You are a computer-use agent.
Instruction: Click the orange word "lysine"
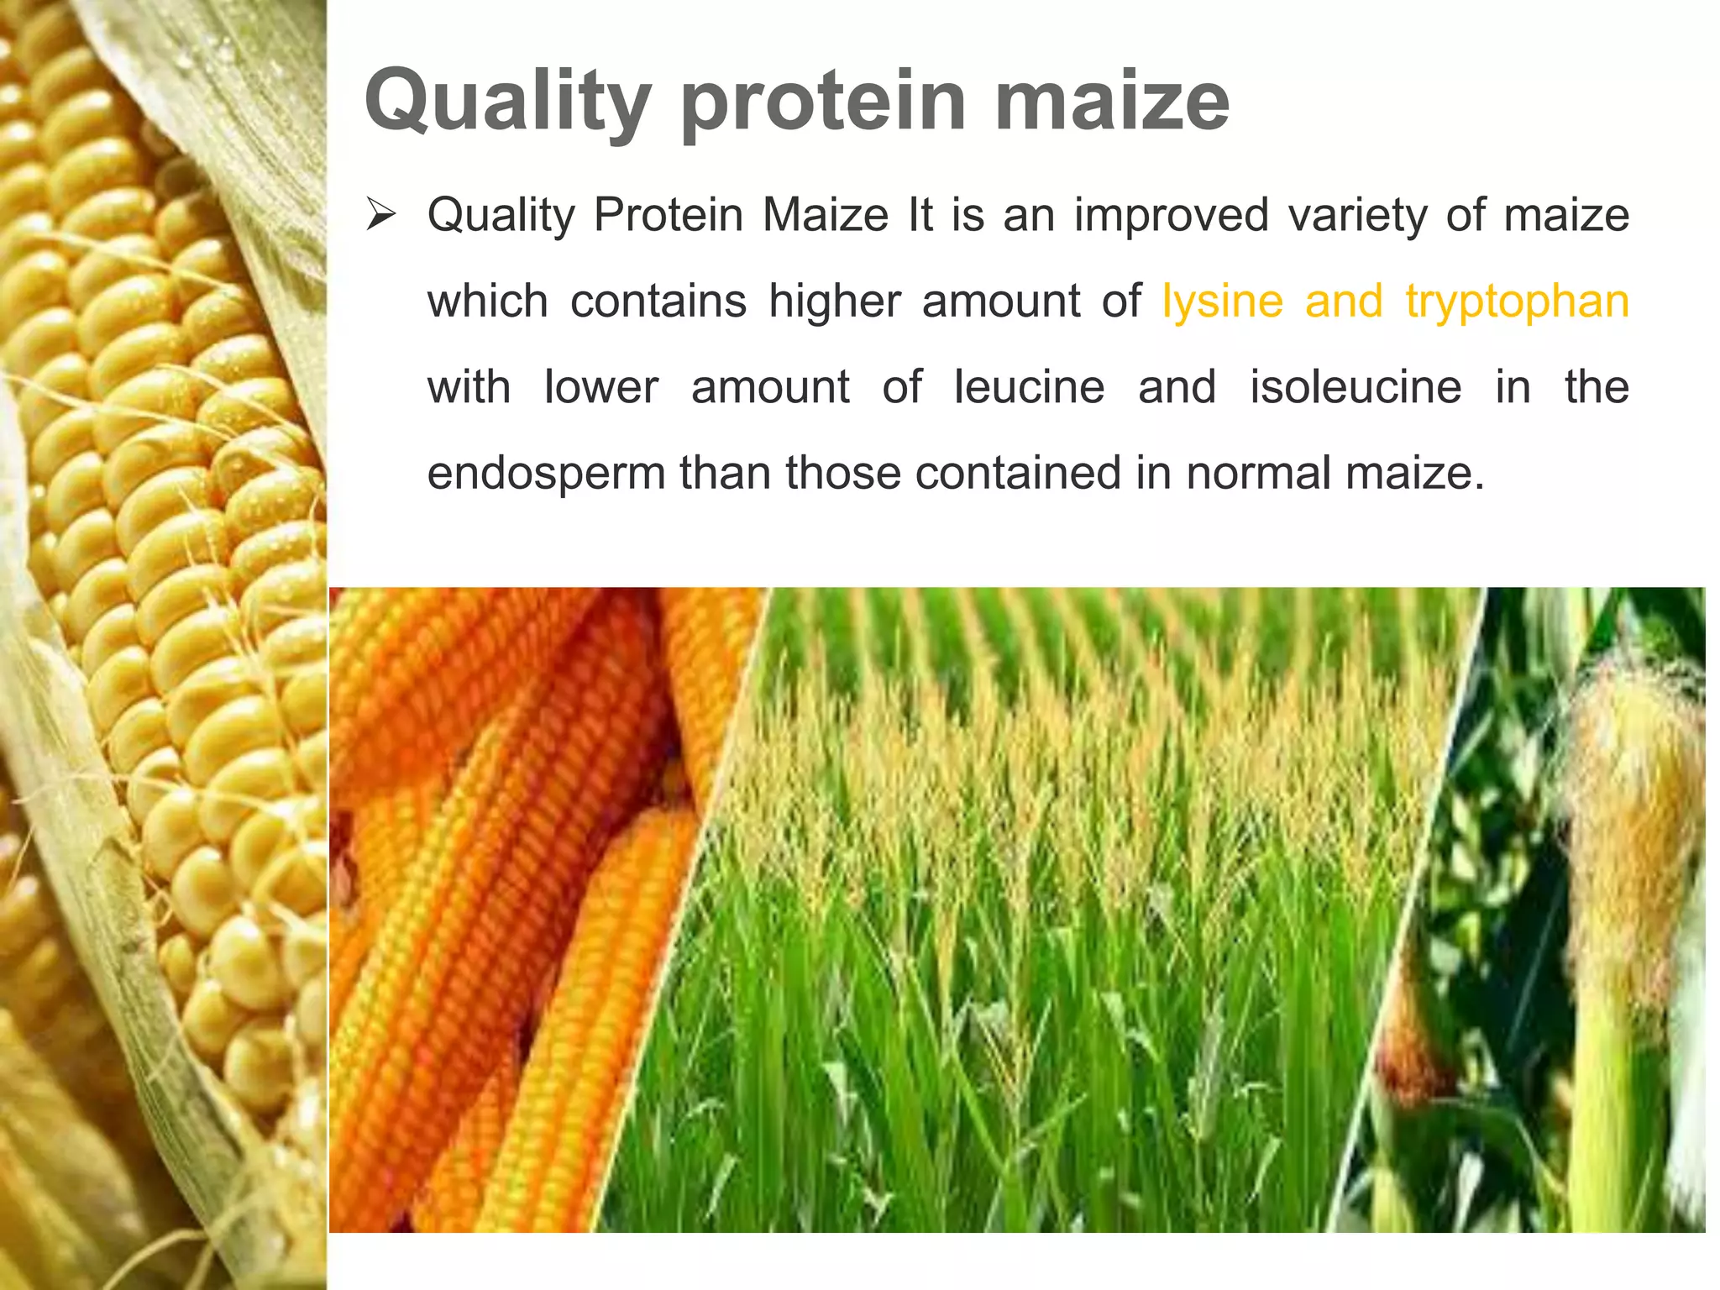pyautogui.click(x=1223, y=302)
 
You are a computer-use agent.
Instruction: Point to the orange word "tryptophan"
pyautogui.click(x=1517, y=303)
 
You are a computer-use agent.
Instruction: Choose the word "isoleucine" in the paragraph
pyautogui.click(x=1356, y=387)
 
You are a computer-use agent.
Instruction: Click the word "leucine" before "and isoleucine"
pyautogui.click(x=1030, y=387)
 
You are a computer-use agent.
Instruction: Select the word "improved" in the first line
pyautogui.click(x=1171, y=216)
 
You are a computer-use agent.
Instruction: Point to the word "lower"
pyautogui.click(x=601, y=387)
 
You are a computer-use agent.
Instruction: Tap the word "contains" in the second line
pyautogui.click(x=658, y=302)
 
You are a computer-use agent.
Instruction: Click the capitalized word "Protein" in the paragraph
pyautogui.click(x=669, y=215)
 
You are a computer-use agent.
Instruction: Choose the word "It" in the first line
pyautogui.click(x=920, y=215)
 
